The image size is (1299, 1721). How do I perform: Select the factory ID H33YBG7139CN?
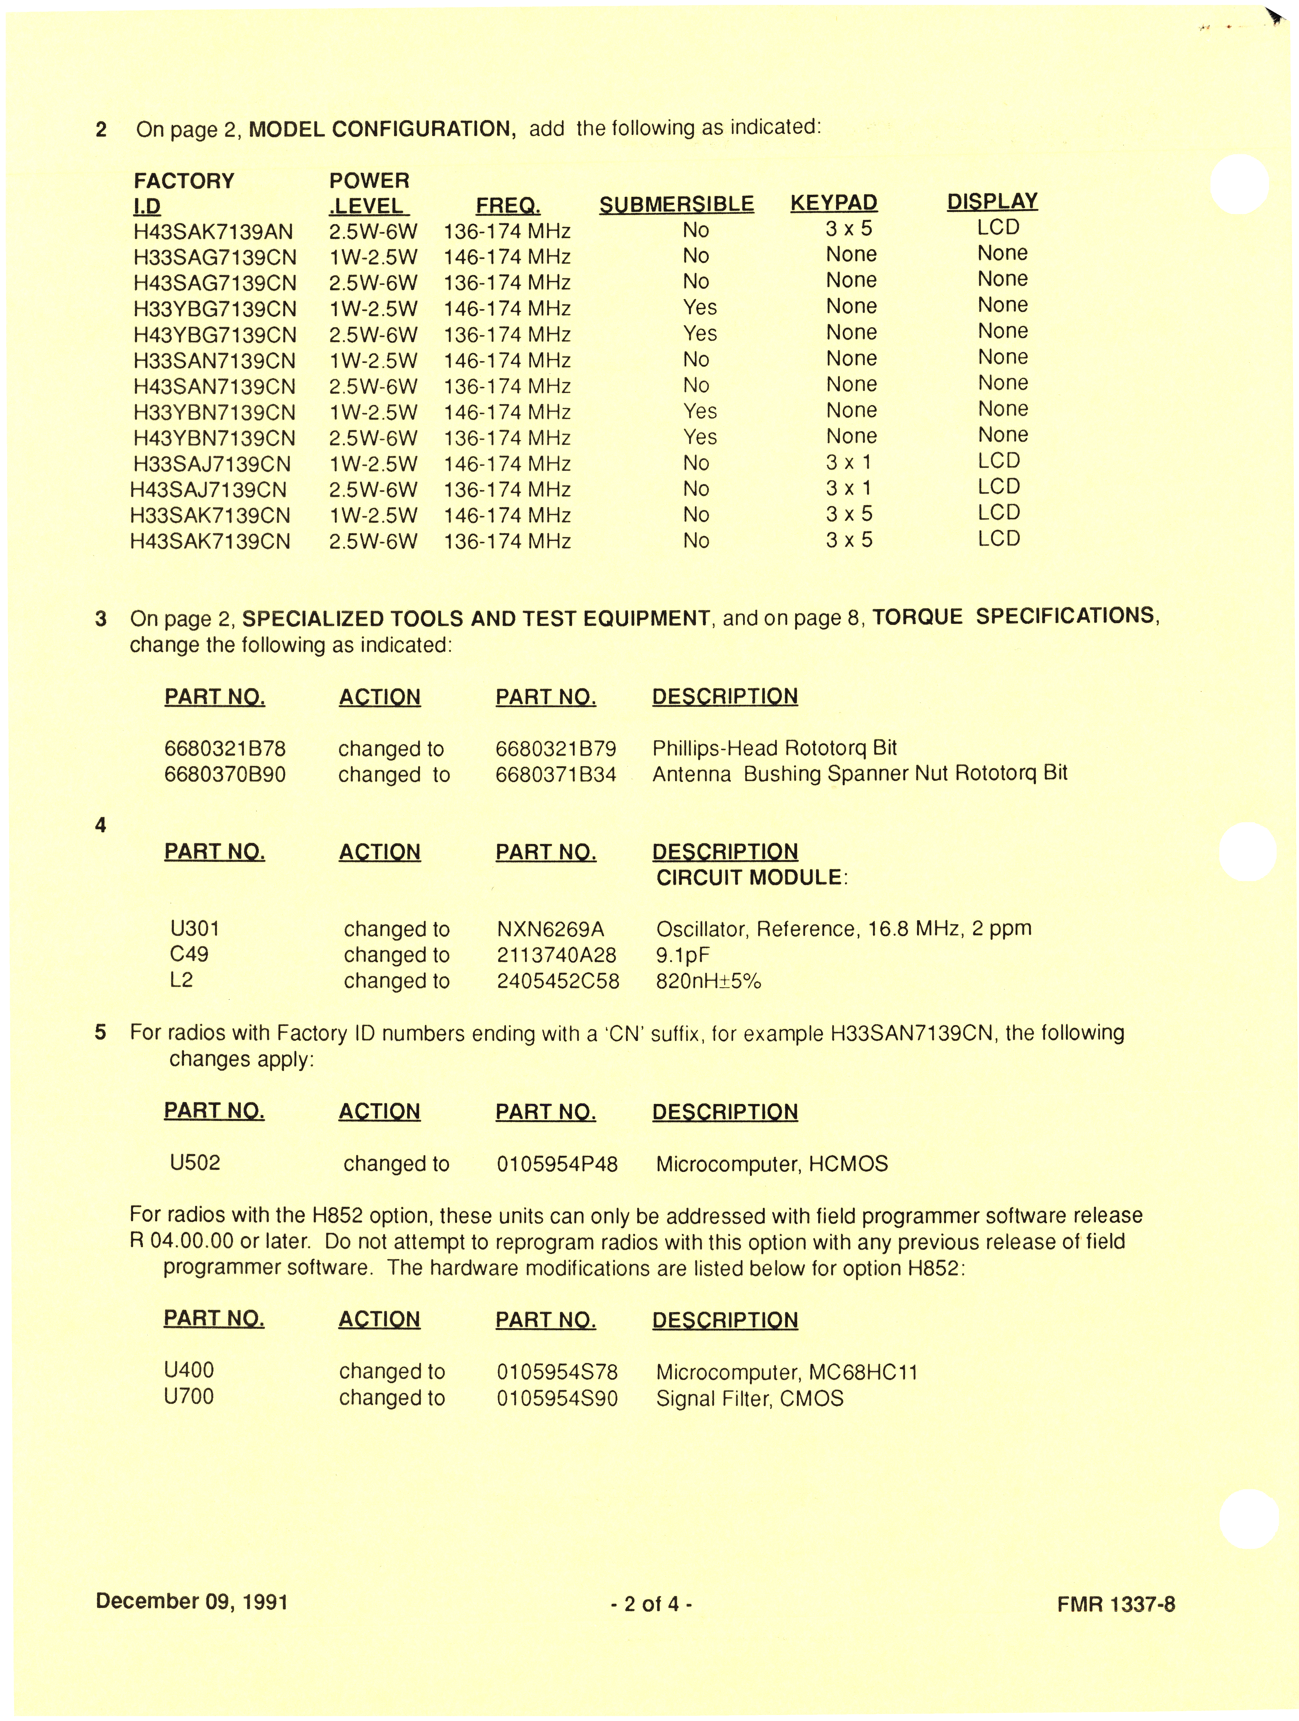pyautogui.click(x=215, y=309)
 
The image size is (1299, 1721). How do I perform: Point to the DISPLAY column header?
pyautogui.click(x=992, y=202)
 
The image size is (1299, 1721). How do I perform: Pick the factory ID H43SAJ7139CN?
pyautogui.click(x=208, y=490)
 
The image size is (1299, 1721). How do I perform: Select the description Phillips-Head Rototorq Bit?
pyautogui.click(x=774, y=748)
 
